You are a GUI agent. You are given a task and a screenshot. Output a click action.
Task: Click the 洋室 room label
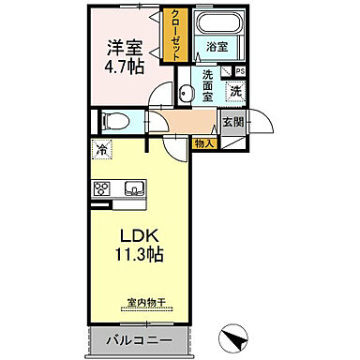tap(123, 47)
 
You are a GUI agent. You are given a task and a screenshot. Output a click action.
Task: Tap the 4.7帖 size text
tap(123, 67)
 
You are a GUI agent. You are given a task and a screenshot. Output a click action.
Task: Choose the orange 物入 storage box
tap(204, 143)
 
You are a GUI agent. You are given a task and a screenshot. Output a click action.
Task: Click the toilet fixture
tap(112, 120)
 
